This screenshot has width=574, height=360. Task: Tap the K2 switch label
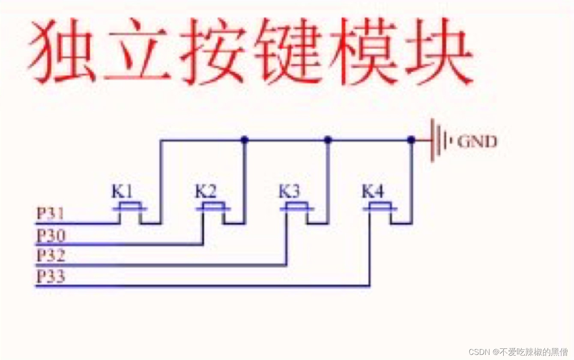(206, 192)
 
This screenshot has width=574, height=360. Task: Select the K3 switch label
(289, 192)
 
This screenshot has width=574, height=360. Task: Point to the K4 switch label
(373, 192)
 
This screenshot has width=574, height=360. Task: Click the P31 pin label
(50, 213)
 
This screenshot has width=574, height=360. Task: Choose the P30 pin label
(51, 235)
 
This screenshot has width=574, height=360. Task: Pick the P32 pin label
(51, 256)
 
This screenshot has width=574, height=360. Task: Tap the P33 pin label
(51, 277)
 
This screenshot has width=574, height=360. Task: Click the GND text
(477, 142)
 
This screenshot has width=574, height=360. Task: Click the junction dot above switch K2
(244, 139)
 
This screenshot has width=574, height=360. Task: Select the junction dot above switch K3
(328, 139)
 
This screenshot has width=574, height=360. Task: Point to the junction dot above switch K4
(411, 139)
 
